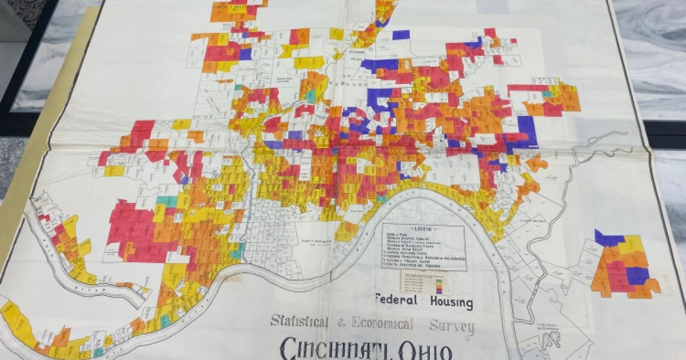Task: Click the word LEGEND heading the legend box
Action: pyautogui.click(x=423, y=229)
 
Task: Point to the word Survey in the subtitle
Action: pyautogui.click(x=452, y=326)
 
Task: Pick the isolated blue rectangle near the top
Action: pyautogui.click(x=401, y=35)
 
